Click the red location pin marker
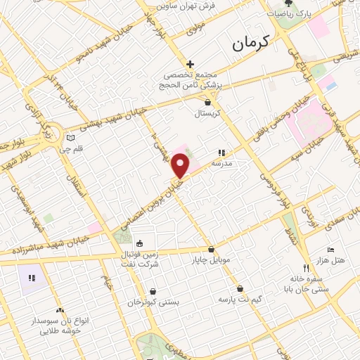coord(181,166)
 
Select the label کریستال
coord(207,112)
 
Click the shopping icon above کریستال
coord(207,102)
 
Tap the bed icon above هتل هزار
coord(331,250)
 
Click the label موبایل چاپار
coord(211,260)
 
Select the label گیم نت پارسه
coord(240,300)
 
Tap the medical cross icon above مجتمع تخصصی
coord(190,64)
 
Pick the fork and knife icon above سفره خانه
coord(305,268)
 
